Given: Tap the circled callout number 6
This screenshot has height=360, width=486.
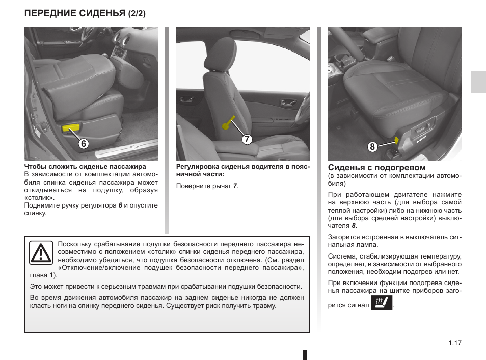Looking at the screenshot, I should tap(84, 144).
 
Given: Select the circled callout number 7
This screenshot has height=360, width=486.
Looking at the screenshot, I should tap(247, 139).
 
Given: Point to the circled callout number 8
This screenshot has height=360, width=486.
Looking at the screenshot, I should tap(373, 147).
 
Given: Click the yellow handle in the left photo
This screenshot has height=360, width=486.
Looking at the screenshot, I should tap(71, 127).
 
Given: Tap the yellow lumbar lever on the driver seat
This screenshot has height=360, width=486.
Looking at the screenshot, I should tap(229, 123).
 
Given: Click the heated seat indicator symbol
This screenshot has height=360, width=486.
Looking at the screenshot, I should tap(382, 304).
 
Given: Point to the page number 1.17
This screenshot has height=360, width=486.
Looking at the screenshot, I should tap(455, 343).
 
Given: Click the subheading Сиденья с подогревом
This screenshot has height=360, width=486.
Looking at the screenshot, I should tap(376, 167).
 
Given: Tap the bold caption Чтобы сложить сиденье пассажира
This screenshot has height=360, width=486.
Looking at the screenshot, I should tap(85, 167).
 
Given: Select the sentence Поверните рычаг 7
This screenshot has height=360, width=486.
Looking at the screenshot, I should tap(207, 186).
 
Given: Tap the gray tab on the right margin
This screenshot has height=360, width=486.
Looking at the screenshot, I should tap(478, 82).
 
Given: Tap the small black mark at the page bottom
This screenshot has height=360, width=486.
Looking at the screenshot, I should tap(305, 355).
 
